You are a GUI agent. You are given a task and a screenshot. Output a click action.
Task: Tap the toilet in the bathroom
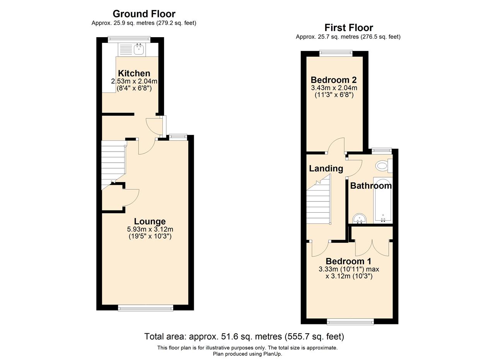point(384,165)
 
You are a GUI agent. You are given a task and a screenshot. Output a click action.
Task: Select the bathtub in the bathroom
point(383,200)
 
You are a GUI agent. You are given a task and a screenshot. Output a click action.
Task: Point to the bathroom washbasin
point(360,218)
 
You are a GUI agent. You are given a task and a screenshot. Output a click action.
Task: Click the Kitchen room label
point(134,73)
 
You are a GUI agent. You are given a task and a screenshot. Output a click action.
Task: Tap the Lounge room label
point(150,221)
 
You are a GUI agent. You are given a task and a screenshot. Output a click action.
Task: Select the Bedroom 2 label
point(334,80)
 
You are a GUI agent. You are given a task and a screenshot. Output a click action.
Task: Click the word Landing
point(326,169)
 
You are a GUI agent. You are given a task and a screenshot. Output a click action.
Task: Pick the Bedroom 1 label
point(348,261)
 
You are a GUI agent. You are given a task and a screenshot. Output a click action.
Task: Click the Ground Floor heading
point(144,14)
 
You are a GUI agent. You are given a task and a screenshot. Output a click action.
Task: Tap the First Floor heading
point(349,28)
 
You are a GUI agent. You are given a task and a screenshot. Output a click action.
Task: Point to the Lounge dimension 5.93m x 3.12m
point(150,229)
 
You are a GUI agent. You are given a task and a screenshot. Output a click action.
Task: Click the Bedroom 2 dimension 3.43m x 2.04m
point(334,88)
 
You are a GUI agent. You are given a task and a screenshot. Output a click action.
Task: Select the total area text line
point(244,336)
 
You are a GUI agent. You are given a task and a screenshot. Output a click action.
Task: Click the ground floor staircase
point(113,165)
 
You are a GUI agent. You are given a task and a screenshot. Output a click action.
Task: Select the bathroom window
point(382,151)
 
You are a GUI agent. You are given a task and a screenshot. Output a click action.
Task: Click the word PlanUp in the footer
point(273,354)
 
